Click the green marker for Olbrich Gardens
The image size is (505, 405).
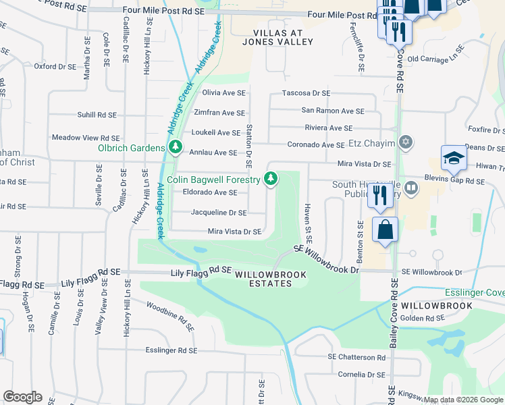coord(176,147)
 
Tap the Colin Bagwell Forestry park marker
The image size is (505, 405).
coord(271,179)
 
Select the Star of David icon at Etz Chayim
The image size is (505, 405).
coord(405,142)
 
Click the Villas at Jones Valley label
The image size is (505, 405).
coord(283,37)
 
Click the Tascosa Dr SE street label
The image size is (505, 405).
coord(306,92)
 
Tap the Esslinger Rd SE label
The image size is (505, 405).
coord(171,350)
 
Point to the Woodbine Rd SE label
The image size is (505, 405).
coord(170,315)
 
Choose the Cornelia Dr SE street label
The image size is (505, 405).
coord(361,374)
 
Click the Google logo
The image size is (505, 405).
coord(22,397)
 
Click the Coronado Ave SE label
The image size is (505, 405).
coord(317,144)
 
